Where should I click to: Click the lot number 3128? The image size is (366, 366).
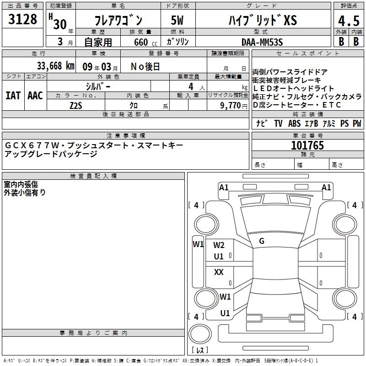click(22, 19)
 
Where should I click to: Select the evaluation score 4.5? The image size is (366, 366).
click(349, 21)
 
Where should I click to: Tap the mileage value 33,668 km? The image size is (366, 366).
click(55, 66)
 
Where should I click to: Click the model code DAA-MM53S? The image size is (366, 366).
click(262, 42)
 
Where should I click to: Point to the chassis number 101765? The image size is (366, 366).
click(307, 145)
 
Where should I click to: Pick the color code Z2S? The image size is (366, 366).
click(76, 106)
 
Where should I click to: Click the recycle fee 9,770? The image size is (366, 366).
click(231, 106)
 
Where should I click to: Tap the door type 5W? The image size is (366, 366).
click(177, 20)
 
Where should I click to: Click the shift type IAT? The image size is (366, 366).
click(13, 96)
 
